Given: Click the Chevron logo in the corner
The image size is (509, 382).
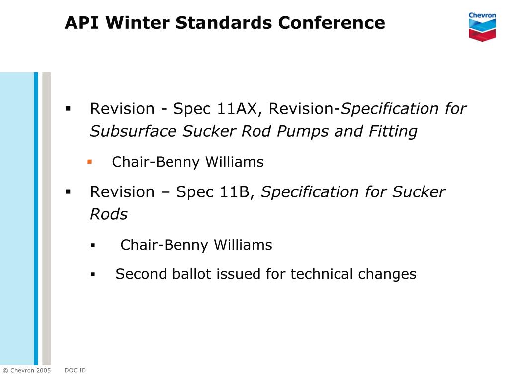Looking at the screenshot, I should [482, 26].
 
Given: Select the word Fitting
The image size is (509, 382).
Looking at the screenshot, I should [393, 132].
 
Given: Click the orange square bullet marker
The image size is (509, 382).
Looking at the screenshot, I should [90, 161].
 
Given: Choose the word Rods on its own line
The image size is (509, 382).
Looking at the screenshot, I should [109, 214].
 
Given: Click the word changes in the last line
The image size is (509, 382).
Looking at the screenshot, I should [388, 274].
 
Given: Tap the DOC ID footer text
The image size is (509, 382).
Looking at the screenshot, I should [75, 370].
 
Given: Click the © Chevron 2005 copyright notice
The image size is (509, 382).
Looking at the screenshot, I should [27, 370].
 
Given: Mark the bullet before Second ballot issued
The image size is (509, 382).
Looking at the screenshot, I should [92, 274].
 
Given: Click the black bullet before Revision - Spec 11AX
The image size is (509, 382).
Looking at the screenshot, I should [68, 108].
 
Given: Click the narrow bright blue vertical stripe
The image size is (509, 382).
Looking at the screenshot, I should [36, 219].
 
